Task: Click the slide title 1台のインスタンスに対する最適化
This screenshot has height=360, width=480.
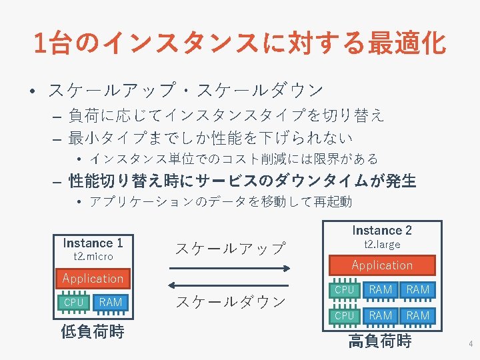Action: (x=239, y=43)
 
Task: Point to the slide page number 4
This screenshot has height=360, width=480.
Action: (x=471, y=345)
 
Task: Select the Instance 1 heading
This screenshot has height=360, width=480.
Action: (x=93, y=243)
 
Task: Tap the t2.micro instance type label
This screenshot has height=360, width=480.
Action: (x=93, y=257)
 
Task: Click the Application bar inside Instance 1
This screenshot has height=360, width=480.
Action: (x=93, y=278)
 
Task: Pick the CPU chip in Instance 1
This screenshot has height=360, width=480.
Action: (x=73, y=303)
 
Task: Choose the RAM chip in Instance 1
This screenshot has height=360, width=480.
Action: (x=110, y=303)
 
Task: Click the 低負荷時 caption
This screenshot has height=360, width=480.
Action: (x=93, y=331)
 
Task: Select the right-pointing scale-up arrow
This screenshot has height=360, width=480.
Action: (x=230, y=268)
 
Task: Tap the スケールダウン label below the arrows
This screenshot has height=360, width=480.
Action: (x=230, y=301)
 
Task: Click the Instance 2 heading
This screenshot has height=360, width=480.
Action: (x=382, y=231)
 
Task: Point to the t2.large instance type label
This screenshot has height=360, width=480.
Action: (x=382, y=245)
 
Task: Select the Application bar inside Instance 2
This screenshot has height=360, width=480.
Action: (x=382, y=265)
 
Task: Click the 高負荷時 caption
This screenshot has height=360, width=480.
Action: (x=379, y=342)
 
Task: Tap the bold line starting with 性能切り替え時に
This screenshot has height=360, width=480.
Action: (x=242, y=181)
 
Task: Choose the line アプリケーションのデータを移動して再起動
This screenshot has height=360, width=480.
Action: (x=220, y=201)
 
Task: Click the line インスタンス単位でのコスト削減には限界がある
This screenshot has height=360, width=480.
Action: (x=233, y=159)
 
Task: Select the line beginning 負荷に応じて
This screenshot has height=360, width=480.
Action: (x=226, y=116)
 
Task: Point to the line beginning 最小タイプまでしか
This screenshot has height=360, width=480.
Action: (x=211, y=138)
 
